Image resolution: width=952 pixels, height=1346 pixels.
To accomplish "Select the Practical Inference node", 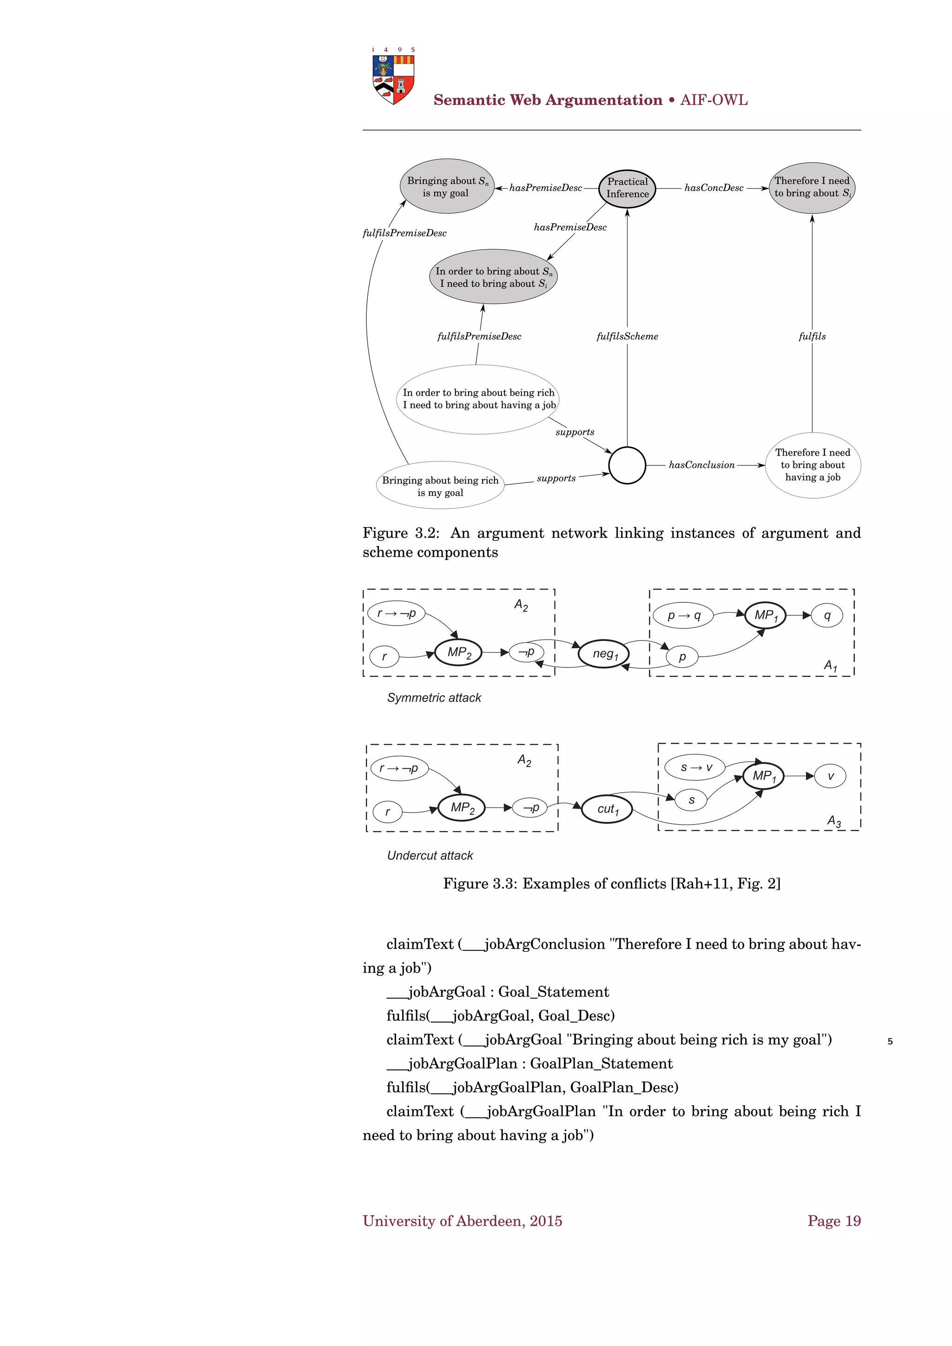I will [627, 188].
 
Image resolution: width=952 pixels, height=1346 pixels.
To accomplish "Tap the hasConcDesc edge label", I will [714, 188].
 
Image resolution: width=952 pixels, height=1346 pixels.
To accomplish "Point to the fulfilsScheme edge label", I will [627, 336].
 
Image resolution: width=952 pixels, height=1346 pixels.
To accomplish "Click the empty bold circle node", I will [627, 465].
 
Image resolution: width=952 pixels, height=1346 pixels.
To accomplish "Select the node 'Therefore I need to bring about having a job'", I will [813, 465].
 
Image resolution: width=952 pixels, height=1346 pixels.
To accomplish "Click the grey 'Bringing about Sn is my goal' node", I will [447, 187].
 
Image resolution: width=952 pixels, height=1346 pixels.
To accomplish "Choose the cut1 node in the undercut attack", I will [607, 809].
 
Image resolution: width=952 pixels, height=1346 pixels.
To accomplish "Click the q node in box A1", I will [827, 615].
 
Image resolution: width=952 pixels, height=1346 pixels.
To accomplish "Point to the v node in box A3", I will [830, 776].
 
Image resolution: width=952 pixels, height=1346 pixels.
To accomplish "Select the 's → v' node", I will [696, 767].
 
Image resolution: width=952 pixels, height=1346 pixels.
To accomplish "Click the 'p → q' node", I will [683, 615].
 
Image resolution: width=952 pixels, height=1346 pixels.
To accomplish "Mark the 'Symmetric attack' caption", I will [434, 698].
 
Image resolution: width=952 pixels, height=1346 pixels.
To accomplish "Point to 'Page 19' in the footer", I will [833, 1221].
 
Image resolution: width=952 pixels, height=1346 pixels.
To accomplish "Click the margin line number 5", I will [890, 1042].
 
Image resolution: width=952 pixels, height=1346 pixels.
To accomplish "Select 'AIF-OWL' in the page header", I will [714, 100].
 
